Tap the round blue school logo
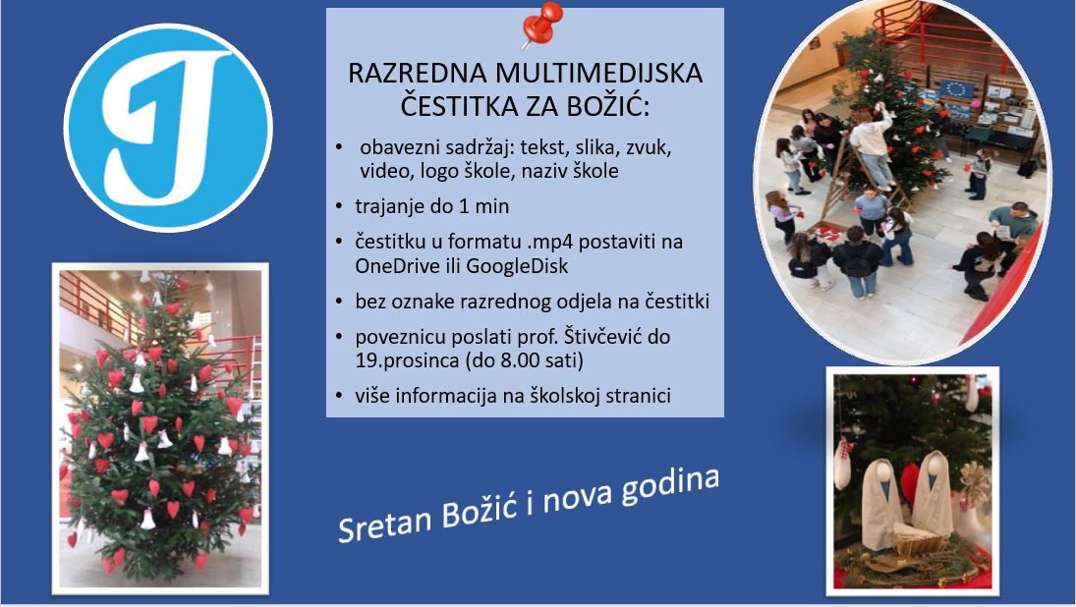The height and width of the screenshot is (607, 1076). (168, 128)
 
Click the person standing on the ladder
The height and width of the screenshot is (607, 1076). (874, 142)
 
